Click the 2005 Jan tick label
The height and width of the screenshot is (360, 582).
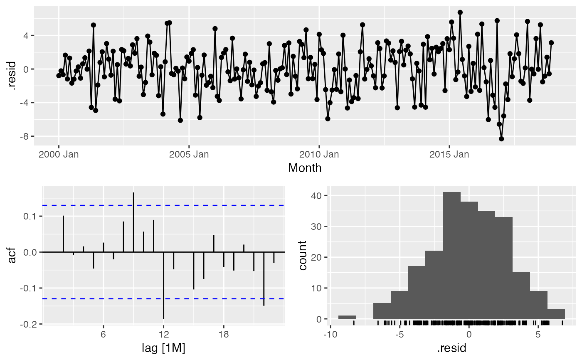pos(189,155)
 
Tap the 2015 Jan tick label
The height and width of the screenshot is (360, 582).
pos(449,155)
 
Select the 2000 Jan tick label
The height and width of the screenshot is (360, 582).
pos(59,155)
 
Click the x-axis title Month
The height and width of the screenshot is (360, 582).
pos(305,168)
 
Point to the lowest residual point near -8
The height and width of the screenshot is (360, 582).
pos(501,139)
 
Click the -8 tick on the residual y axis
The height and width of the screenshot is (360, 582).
pos(25,136)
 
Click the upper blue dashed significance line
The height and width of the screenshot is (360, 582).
pos(208,205)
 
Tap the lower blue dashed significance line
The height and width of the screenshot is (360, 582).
pos(208,298)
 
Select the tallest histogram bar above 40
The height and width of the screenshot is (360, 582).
pos(451,255)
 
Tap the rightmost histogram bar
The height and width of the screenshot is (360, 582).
pos(556,314)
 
